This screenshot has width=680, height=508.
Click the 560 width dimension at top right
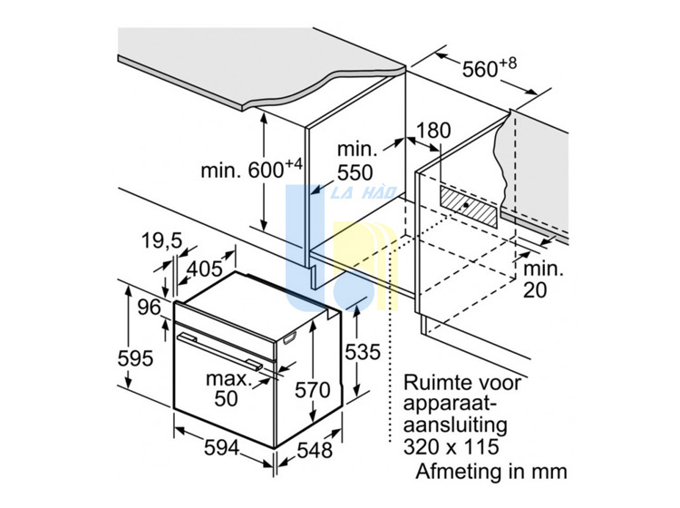[x=490, y=68]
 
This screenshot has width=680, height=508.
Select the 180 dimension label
[x=433, y=130]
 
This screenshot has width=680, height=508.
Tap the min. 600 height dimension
[x=251, y=170]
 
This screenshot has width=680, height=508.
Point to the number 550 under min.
[x=355, y=172]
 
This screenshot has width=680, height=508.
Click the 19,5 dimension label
[x=162, y=241]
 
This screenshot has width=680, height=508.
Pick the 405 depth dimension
[x=205, y=269]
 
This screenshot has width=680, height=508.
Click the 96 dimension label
[x=150, y=308]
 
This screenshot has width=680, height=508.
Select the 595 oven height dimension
[x=135, y=358]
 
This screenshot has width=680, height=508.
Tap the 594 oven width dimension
[x=221, y=448]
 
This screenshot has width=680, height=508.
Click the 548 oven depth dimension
[x=315, y=450]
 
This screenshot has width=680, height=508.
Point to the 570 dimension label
[x=313, y=390]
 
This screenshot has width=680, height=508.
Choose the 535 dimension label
[x=363, y=352]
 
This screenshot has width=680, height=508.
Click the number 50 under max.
[x=227, y=398]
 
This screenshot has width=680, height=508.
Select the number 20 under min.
[x=535, y=290]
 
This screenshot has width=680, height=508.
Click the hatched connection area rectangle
[x=469, y=207]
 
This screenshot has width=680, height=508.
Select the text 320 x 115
[x=452, y=447]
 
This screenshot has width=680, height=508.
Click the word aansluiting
[x=455, y=425]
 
